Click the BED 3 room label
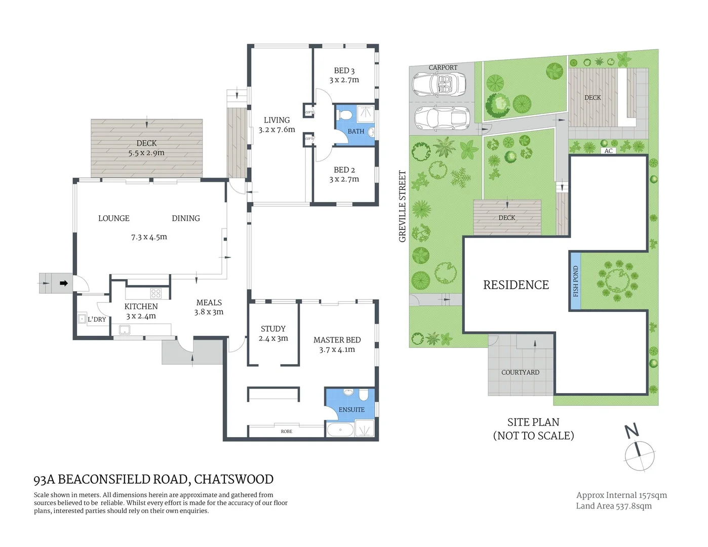pos(344,71)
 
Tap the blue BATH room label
pos(356,131)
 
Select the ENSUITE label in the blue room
pos(351,409)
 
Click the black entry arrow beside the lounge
pos(64,284)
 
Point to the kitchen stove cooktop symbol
pos(156,293)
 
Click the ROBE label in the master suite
pos(287,432)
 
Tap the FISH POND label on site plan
pos(575,282)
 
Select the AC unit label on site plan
pos(608,151)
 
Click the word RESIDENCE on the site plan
pos(516,285)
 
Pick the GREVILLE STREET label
pos(403,206)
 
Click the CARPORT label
pos(443,67)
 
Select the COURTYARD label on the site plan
pos(520,372)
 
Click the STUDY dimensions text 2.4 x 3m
pos(273,338)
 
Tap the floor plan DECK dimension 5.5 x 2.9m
pos(146,152)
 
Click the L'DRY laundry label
pos(97,319)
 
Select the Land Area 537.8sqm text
pos(614,505)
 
